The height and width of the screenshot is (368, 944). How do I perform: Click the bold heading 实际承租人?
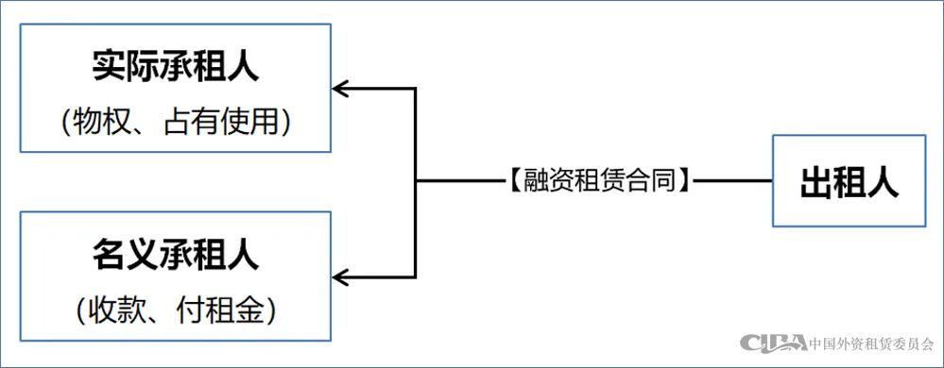tap(176, 68)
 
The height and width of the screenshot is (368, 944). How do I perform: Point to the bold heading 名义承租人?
tap(176, 255)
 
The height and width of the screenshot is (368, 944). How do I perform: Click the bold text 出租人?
tap(849, 182)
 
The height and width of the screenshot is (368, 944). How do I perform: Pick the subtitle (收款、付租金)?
tap(176, 309)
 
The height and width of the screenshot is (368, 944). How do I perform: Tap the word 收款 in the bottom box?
tap(107, 309)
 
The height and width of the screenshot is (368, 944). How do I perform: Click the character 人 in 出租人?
tap(882, 182)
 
